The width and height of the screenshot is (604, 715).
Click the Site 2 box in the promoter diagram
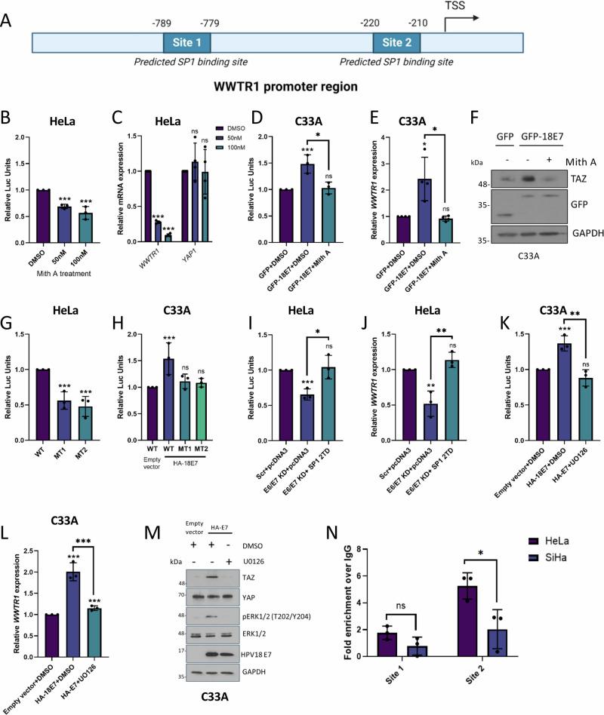pyautogui.click(x=398, y=42)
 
